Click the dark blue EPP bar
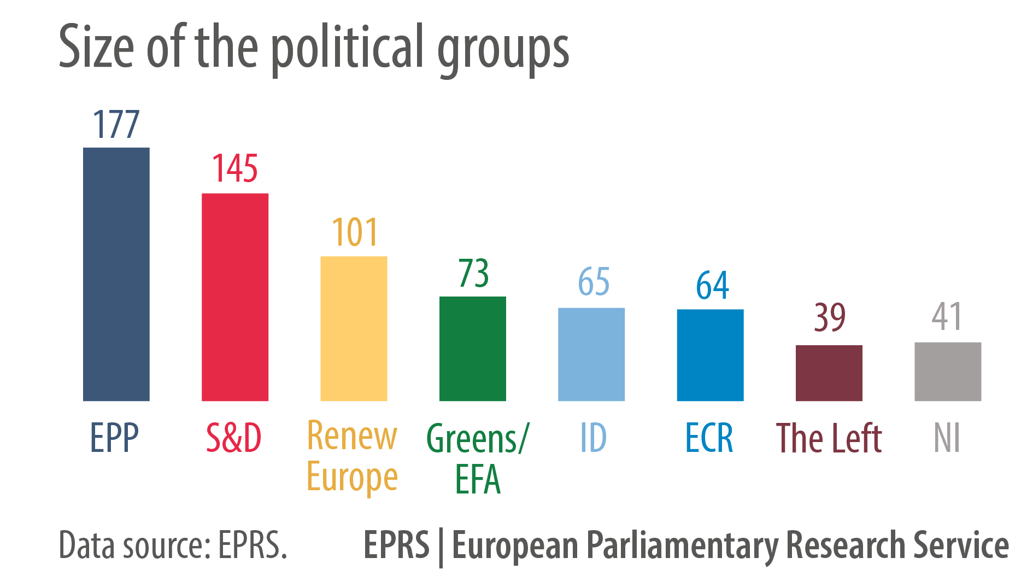click(x=116, y=274)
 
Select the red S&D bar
click(x=235, y=297)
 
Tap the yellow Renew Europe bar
click(x=354, y=328)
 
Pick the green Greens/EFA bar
click(x=473, y=349)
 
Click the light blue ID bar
click(x=591, y=354)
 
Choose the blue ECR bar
click(x=710, y=355)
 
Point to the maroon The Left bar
click(x=829, y=373)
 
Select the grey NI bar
click(x=948, y=371)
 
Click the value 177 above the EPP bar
click(x=116, y=124)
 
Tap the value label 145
click(x=235, y=169)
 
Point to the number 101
click(x=355, y=232)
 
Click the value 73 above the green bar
click(x=473, y=273)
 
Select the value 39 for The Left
click(x=830, y=317)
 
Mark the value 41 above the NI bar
click(x=947, y=316)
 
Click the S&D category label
click(x=234, y=438)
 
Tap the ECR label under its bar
click(x=709, y=438)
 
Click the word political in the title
click(x=348, y=49)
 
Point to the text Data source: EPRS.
click(x=173, y=545)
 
